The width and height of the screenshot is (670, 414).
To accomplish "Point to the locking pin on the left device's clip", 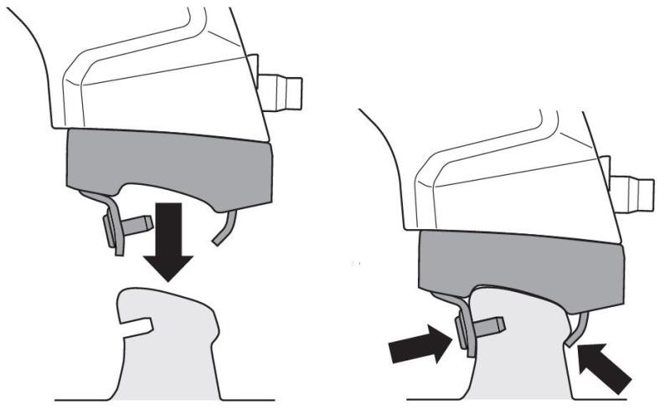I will click(x=135, y=223).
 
